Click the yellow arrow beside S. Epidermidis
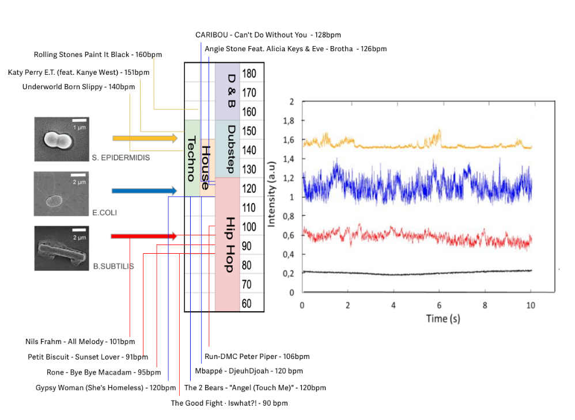[x=145, y=138]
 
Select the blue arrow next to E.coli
[x=143, y=190]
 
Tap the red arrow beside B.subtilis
[x=143, y=236]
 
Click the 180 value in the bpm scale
[x=249, y=74]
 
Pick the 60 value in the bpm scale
[x=247, y=303]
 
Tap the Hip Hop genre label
[x=231, y=245]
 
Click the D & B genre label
[x=231, y=91]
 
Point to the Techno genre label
[x=192, y=159]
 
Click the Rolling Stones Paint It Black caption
[x=98, y=55]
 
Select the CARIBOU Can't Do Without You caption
[x=268, y=35]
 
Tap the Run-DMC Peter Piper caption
[x=257, y=357]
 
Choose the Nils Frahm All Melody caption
[x=80, y=342]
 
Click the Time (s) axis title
[x=442, y=318]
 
